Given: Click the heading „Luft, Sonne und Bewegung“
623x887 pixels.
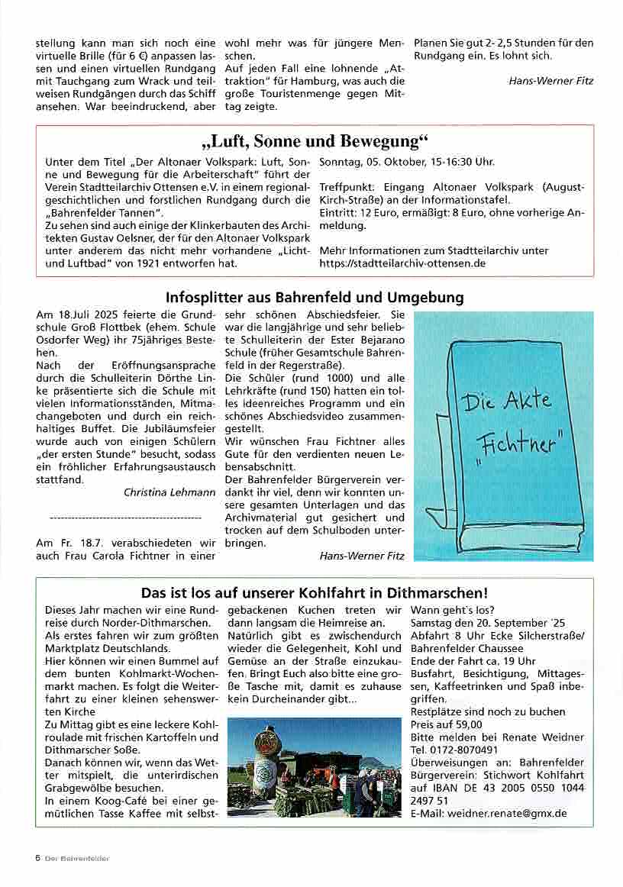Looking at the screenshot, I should tap(315, 141).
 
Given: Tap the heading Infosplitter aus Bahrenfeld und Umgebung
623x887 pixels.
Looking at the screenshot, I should tap(315, 297).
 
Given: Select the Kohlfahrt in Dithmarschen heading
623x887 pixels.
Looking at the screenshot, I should tap(315, 592).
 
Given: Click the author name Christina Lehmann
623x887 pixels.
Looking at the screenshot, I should tap(169, 492).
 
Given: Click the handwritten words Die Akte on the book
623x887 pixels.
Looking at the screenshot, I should tap(507, 401).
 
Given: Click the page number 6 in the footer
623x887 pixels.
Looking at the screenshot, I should tap(37, 858).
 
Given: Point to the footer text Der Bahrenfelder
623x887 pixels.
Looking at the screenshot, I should tap(76, 858).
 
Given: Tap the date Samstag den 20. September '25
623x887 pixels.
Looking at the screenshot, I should tap(487, 623).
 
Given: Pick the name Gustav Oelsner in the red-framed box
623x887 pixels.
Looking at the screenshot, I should tap(114, 237).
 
